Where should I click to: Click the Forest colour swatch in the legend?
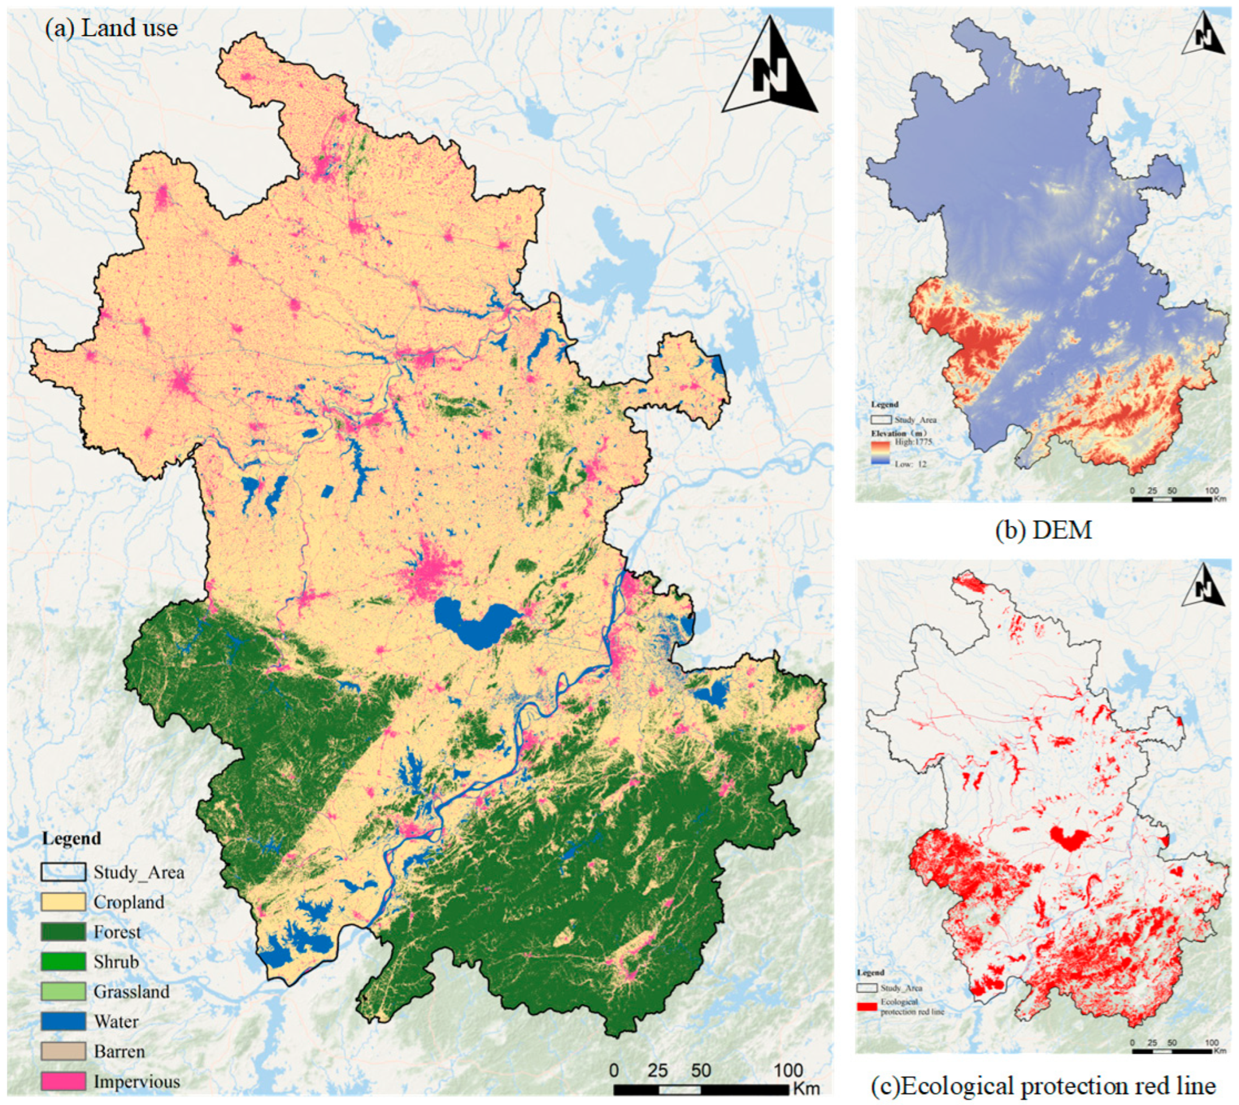[x=63, y=932]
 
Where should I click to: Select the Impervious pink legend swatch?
[x=63, y=1081]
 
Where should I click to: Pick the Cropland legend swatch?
[x=63, y=902]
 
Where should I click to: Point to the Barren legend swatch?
[x=63, y=1051]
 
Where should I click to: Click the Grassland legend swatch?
[x=63, y=992]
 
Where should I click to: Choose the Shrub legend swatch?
[x=63, y=962]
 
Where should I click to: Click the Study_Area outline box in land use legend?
[x=63, y=873]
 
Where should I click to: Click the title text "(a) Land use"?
[x=112, y=28]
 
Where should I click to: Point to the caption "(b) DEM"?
[x=1044, y=530]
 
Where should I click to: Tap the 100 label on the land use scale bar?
[x=789, y=1070]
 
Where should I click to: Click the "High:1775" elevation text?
[x=913, y=442]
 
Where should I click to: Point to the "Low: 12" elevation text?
[x=911, y=464]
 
